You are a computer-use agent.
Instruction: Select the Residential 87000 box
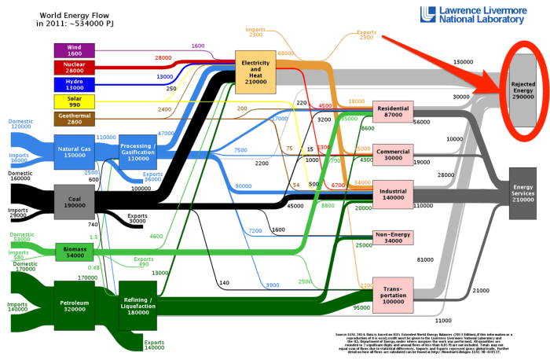(393, 112)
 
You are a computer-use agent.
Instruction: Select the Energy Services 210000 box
(523, 195)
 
